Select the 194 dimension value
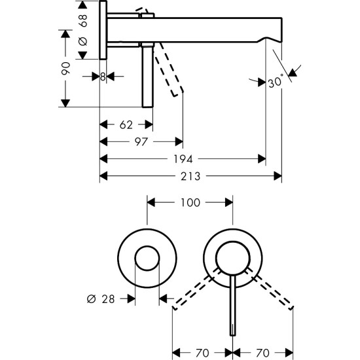pyautogui.click(x=183, y=158)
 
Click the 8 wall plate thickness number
pyautogui.click(x=103, y=77)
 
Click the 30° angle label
pyautogui.click(x=276, y=82)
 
